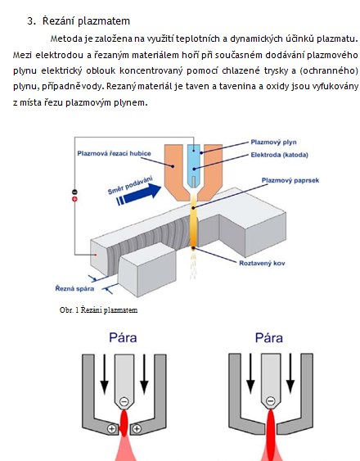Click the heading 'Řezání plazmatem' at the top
click(x=86, y=21)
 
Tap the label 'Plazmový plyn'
click(x=273, y=142)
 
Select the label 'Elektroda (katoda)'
click(x=279, y=155)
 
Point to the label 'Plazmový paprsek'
click(x=290, y=180)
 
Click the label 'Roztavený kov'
click(x=262, y=263)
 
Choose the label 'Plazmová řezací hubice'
click(x=114, y=153)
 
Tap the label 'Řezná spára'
click(x=74, y=288)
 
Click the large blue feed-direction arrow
click(x=139, y=194)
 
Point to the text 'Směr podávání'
click(x=130, y=185)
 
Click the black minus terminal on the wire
click(x=74, y=192)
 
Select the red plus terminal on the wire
click(x=74, y=199)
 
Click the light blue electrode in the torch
click(x=194, y=166)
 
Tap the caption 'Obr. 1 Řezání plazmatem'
click(x=98, y=310)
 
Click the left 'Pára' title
click(x=123, y=337)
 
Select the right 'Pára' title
click(x=269, y=337)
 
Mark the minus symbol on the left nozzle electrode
click(x=124, y=401)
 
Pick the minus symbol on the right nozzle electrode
click(x=270, y=400)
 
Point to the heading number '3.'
click(x=31, y=21)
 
